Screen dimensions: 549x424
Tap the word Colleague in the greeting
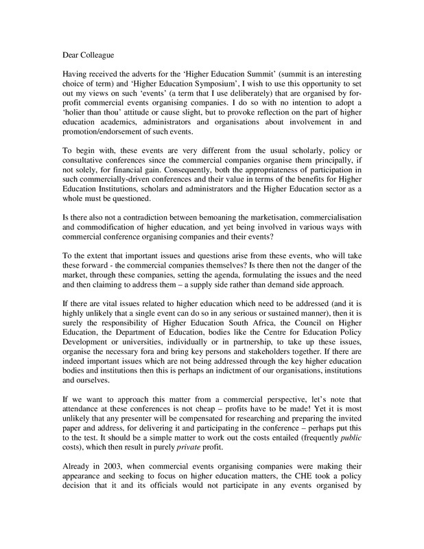[96, 50]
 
